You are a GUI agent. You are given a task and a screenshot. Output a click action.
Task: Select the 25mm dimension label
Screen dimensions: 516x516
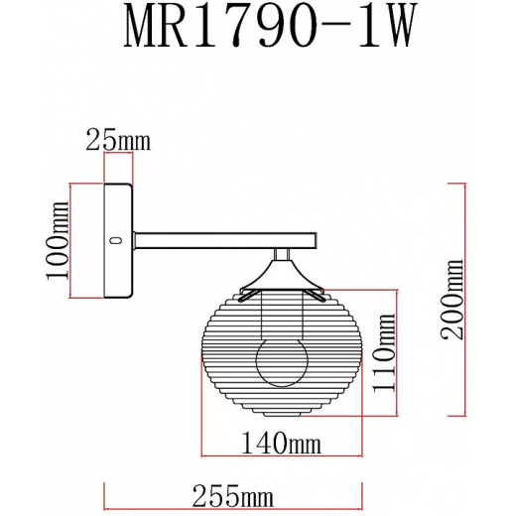coord(118,140)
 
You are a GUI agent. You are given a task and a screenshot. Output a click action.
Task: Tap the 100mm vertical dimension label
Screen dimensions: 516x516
coord(59,242)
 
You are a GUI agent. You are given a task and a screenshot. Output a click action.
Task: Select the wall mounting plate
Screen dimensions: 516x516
coord(118,241)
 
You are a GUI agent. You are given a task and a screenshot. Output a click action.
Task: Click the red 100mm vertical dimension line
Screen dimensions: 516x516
coord(72,241)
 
